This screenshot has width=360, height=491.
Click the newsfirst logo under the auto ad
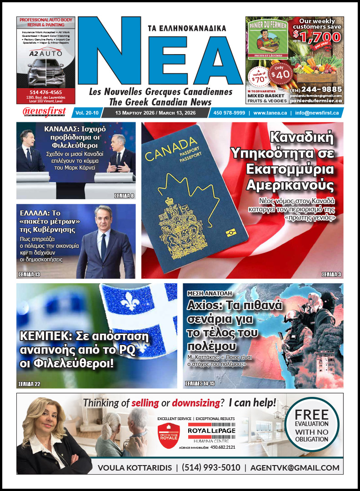coord(44,112)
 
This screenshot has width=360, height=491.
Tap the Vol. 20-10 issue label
coord(85,113)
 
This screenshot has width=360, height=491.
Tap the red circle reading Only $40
coord(281,72)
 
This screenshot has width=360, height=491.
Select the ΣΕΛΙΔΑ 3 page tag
coord(331,274)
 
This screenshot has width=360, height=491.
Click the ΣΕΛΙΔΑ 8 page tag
coord(124,195)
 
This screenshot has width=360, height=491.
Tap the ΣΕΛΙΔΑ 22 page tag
coord(29,384)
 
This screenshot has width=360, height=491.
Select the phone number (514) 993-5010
coord(211,467)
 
